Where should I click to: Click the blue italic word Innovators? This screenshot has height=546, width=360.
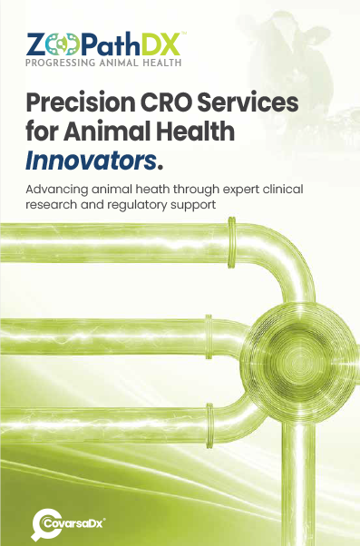(91, 161)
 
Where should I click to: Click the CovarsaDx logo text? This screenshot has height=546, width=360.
(73, 523)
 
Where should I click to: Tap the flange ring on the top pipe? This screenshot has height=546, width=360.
(231, 242)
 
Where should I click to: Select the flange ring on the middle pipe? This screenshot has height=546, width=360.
(209, 336)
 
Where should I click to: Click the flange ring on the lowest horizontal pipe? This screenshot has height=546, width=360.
(209, 425)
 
